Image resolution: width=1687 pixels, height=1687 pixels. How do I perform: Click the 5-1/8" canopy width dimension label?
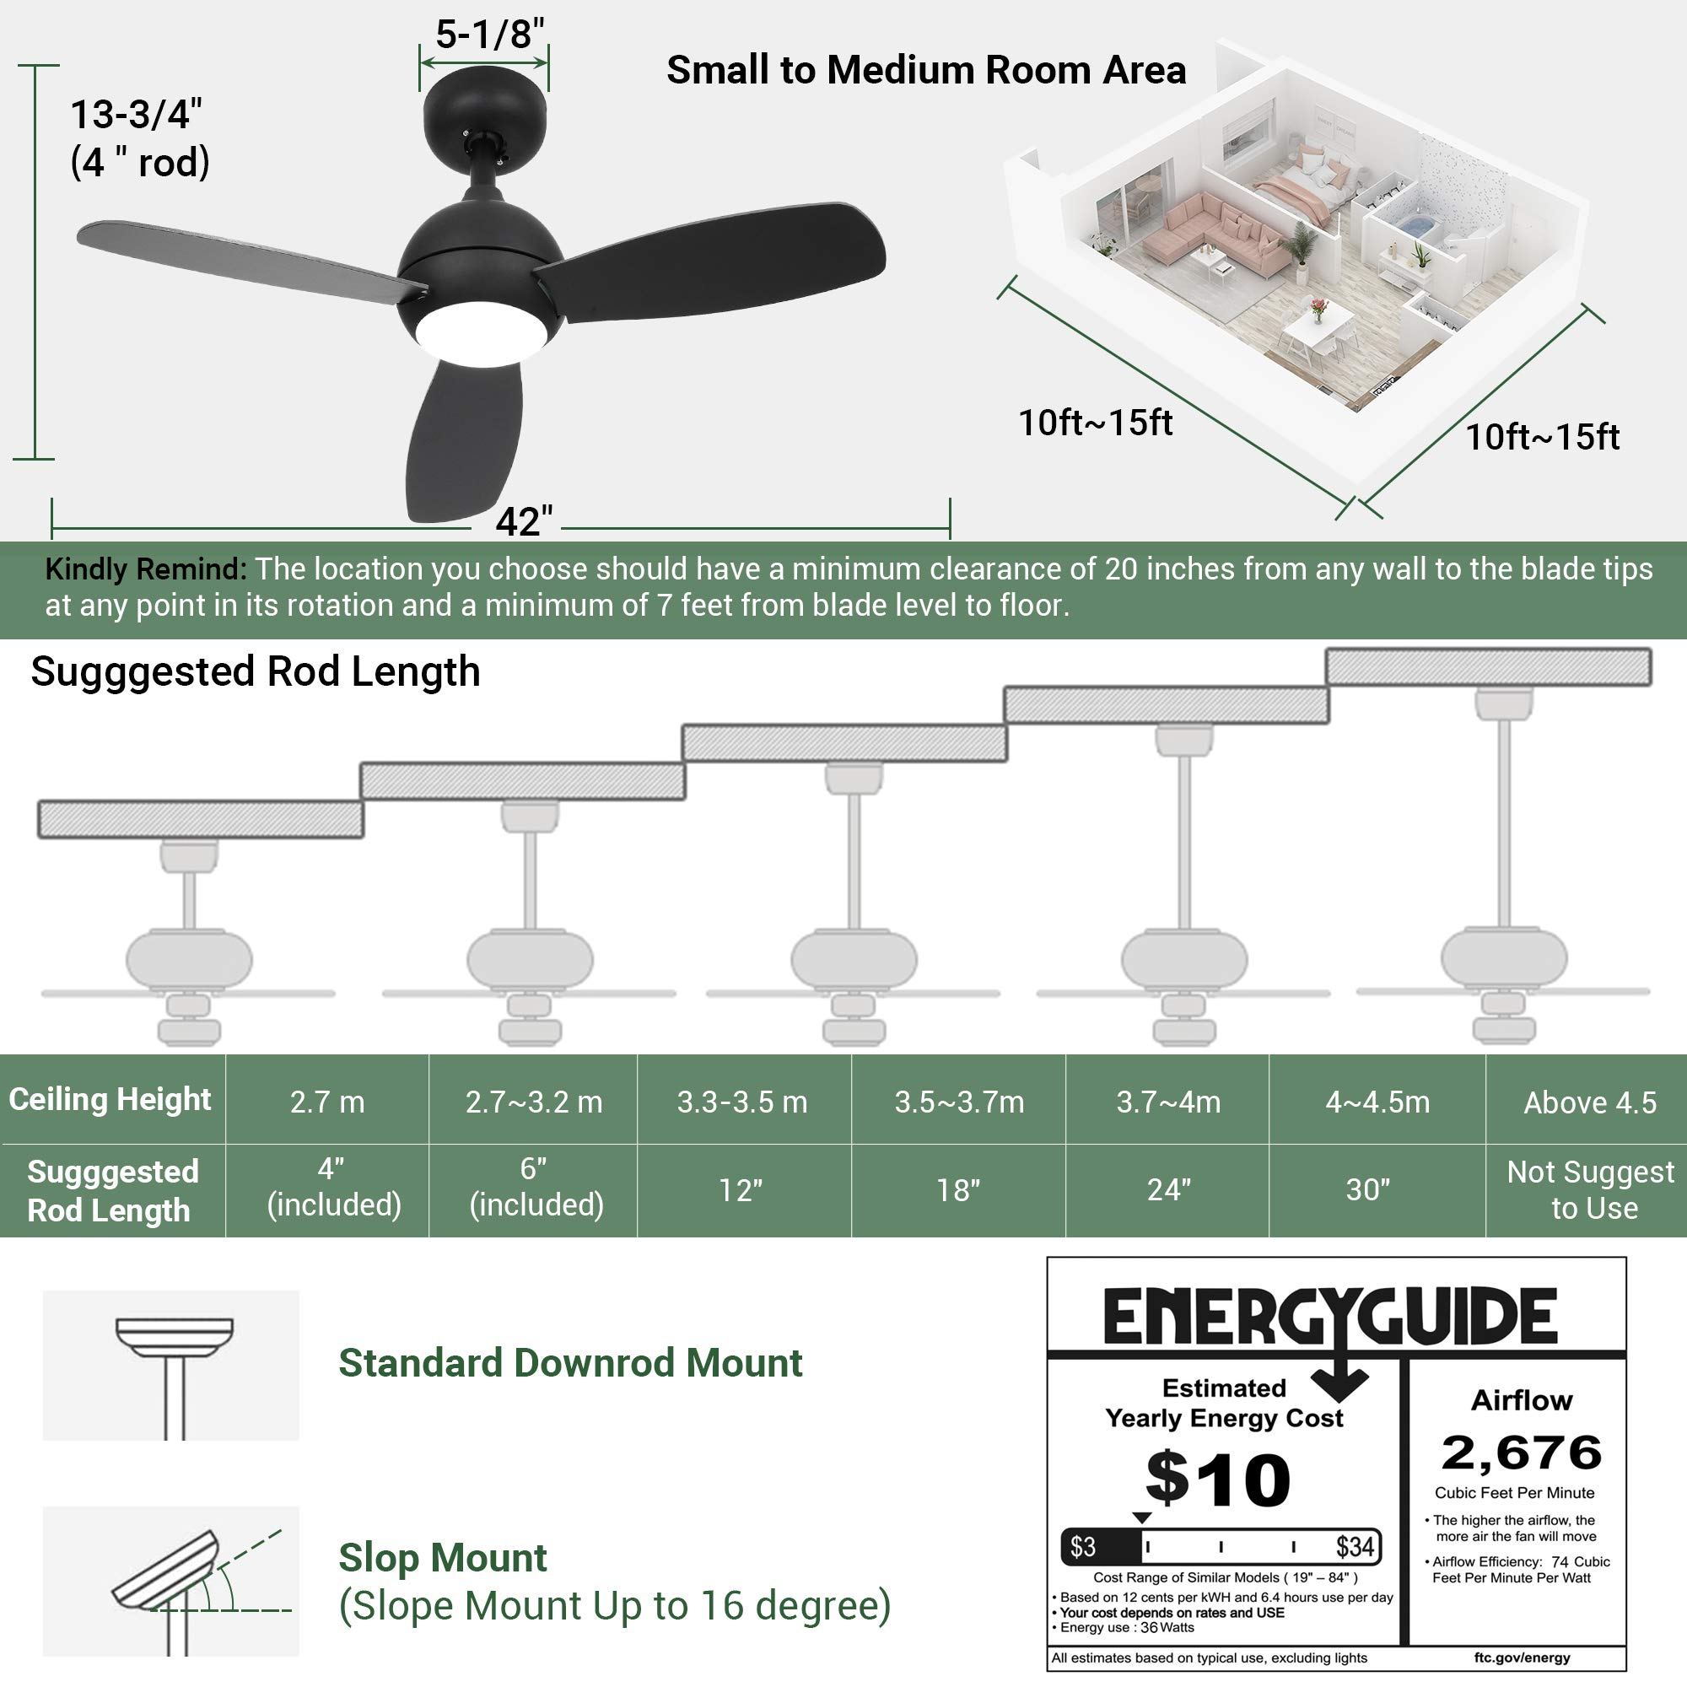[x=490, y=34]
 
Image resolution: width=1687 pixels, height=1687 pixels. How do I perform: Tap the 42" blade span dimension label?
[x=524, y=521]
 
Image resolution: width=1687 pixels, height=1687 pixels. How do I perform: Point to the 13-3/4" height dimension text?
[x=135, y=114]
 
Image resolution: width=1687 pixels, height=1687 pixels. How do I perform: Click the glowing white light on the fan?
[x=481, y=333]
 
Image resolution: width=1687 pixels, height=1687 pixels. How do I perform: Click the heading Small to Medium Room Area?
[x=925, y=70]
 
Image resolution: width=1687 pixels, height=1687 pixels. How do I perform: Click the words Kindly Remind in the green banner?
[x=145, y=569]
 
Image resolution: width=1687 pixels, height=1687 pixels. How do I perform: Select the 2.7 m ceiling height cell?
[x=327, y=1102]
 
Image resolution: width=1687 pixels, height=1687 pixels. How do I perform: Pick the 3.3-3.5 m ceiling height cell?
[x=742, y=1102]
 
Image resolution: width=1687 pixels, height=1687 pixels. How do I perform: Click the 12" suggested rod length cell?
[x=741, y=1190]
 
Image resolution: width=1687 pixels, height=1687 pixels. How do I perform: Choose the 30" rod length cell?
[x=1368, y=1190]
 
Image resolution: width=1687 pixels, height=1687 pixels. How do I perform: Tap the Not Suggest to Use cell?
[x=1591, y=1190]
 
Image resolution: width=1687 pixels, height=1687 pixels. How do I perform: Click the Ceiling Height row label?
[x=110, y=1099]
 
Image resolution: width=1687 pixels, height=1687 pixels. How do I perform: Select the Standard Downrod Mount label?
[x=570, y=1363]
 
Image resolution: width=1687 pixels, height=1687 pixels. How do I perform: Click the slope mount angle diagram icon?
[x=171, y=1582]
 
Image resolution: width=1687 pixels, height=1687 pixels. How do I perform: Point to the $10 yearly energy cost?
[x=1218, y=1479]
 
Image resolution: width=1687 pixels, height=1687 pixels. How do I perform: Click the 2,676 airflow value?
[x=1522, y=1453]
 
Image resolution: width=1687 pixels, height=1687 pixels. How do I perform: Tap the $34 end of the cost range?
[x=1356, y=1548]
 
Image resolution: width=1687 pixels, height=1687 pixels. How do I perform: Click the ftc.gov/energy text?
[x=1522, y=1657]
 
